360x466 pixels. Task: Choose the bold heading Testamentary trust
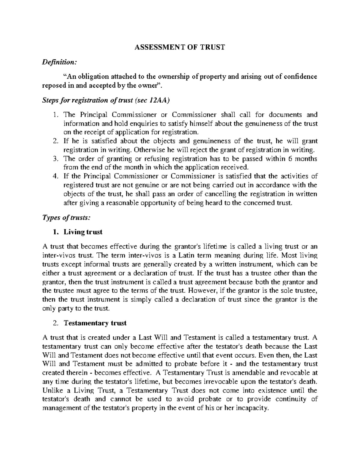[x=95, y=323]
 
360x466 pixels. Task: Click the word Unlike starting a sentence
[x=52, y=391]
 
